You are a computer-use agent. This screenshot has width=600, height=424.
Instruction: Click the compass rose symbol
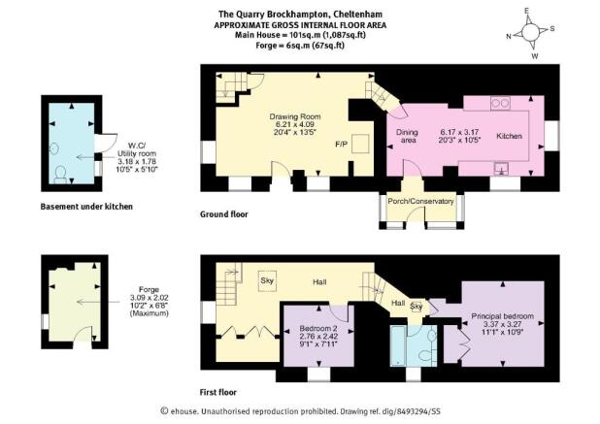click(x=530, y=32)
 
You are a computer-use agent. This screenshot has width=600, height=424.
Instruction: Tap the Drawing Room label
click(x=295, y=116)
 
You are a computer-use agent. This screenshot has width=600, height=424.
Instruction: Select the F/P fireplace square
click(x=360, y=144)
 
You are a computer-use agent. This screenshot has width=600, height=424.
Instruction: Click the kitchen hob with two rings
click(x=500, y=103)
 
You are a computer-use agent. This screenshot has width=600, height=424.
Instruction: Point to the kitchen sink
click(x=501, y=169)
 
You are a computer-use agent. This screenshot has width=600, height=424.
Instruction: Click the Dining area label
click(x=407, y=136)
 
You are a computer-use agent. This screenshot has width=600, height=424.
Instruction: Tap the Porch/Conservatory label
click(x=420, y=201)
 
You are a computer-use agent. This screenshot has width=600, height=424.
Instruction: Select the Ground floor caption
click(x=224, y=214)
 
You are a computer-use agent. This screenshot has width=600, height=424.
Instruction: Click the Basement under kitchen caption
click(x=86, y=207)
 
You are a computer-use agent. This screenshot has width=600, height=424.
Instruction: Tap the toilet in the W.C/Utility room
click(x=60, y=174)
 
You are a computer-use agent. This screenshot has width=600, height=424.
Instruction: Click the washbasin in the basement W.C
click(x=54, y=147)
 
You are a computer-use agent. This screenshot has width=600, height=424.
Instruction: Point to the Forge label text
click(x=149, y=289)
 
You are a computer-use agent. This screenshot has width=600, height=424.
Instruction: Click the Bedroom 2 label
click(x=318, y=328)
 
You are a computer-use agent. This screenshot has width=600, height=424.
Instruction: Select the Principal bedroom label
click(x=502, y=316)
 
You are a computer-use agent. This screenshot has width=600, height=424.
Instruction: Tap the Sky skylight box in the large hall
click(x=267, y=281)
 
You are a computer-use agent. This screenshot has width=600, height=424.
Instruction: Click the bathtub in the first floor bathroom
click(x=398, y=345)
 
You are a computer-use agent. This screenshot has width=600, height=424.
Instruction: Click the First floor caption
click(x=218, y=392)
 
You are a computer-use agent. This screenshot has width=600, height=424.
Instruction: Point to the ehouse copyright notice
click(x=300, y=411)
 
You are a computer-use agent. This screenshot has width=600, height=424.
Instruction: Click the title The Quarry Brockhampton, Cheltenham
click(x=300, y=15)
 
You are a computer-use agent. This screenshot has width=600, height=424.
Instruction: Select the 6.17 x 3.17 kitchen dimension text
click(x=459, y=132)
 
